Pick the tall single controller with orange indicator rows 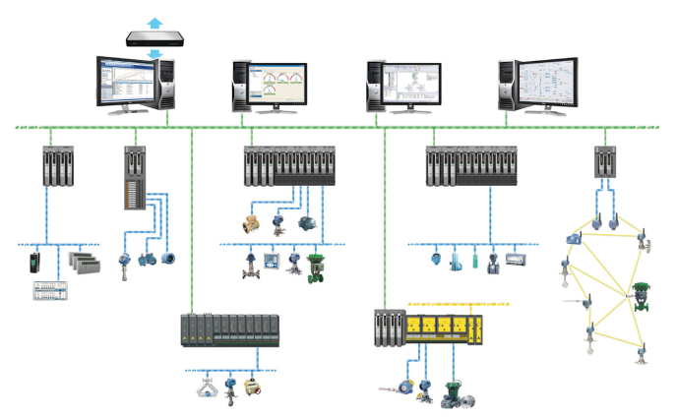[x=133, y=177]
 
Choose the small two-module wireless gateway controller [x=604, y=161]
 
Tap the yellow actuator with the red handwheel [x=254, y=386]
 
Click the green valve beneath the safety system [x=454, y=392]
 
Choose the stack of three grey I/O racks [x=83, y=263]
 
